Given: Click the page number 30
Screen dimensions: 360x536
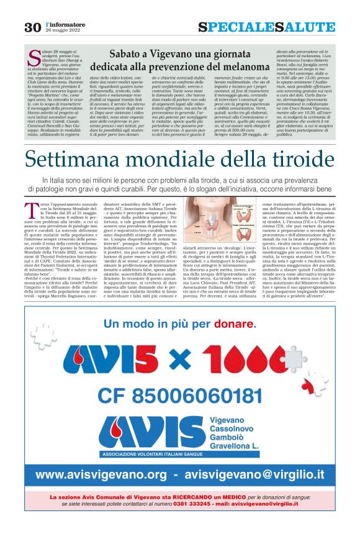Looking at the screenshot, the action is point(32,27).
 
